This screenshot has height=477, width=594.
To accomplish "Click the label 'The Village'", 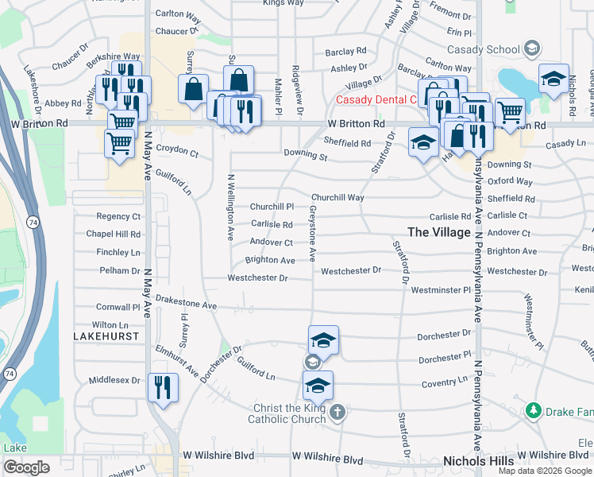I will click(x=439, y=231).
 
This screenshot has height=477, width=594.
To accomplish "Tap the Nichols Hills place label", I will click(x=479, y=461).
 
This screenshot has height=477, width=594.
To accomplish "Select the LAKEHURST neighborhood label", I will click(x=106, y=336).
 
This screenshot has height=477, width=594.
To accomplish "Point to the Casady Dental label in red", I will click(x=376, y=100).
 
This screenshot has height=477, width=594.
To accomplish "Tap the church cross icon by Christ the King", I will click(x=337, y=412).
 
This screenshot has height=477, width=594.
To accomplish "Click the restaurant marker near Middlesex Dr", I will click(x=163, y=388).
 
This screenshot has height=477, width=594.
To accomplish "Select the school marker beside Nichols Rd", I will click(x=553, y=79).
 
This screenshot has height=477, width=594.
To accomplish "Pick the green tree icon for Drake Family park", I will click(x=534, y=410).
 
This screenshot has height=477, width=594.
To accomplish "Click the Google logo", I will click(x=26, y=467).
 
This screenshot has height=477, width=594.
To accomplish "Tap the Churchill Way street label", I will click(x=337, y=197).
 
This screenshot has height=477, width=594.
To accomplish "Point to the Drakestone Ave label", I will click(x=186, y=304).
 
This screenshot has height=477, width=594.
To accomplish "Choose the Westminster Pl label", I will click(x=441, y=290).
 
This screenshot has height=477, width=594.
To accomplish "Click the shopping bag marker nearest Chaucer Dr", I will click(x=193, y=90).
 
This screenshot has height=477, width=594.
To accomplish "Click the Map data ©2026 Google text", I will click(x=545, y=471).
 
